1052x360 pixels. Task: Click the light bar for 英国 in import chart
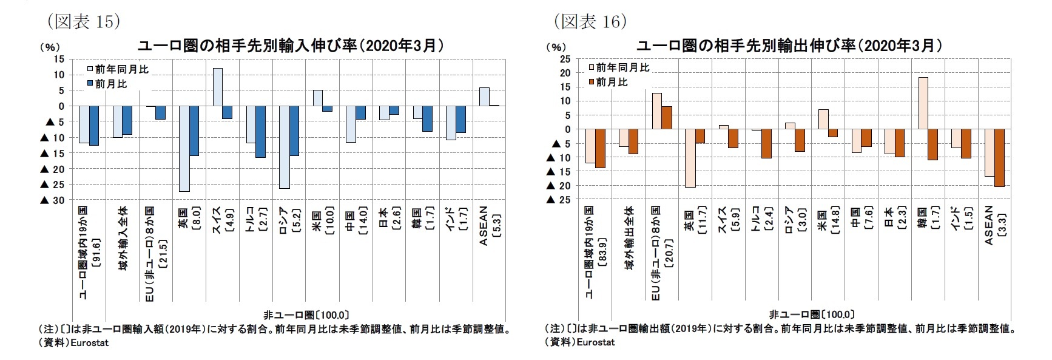[184, 149]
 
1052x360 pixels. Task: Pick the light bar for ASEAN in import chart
[484, 97]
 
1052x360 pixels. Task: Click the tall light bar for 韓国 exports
[922, 103]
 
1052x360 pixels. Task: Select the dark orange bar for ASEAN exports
[999, 158]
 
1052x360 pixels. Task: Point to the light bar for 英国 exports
[690, 158]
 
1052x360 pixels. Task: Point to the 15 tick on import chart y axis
[59, 59]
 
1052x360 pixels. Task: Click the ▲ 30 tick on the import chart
[52, 200]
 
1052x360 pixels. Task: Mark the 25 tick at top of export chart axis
[565, 59]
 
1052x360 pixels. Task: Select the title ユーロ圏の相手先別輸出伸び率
[789, 46]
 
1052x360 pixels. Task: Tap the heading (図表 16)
[590, 22]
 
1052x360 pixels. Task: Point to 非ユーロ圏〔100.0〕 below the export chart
[812, 314]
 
